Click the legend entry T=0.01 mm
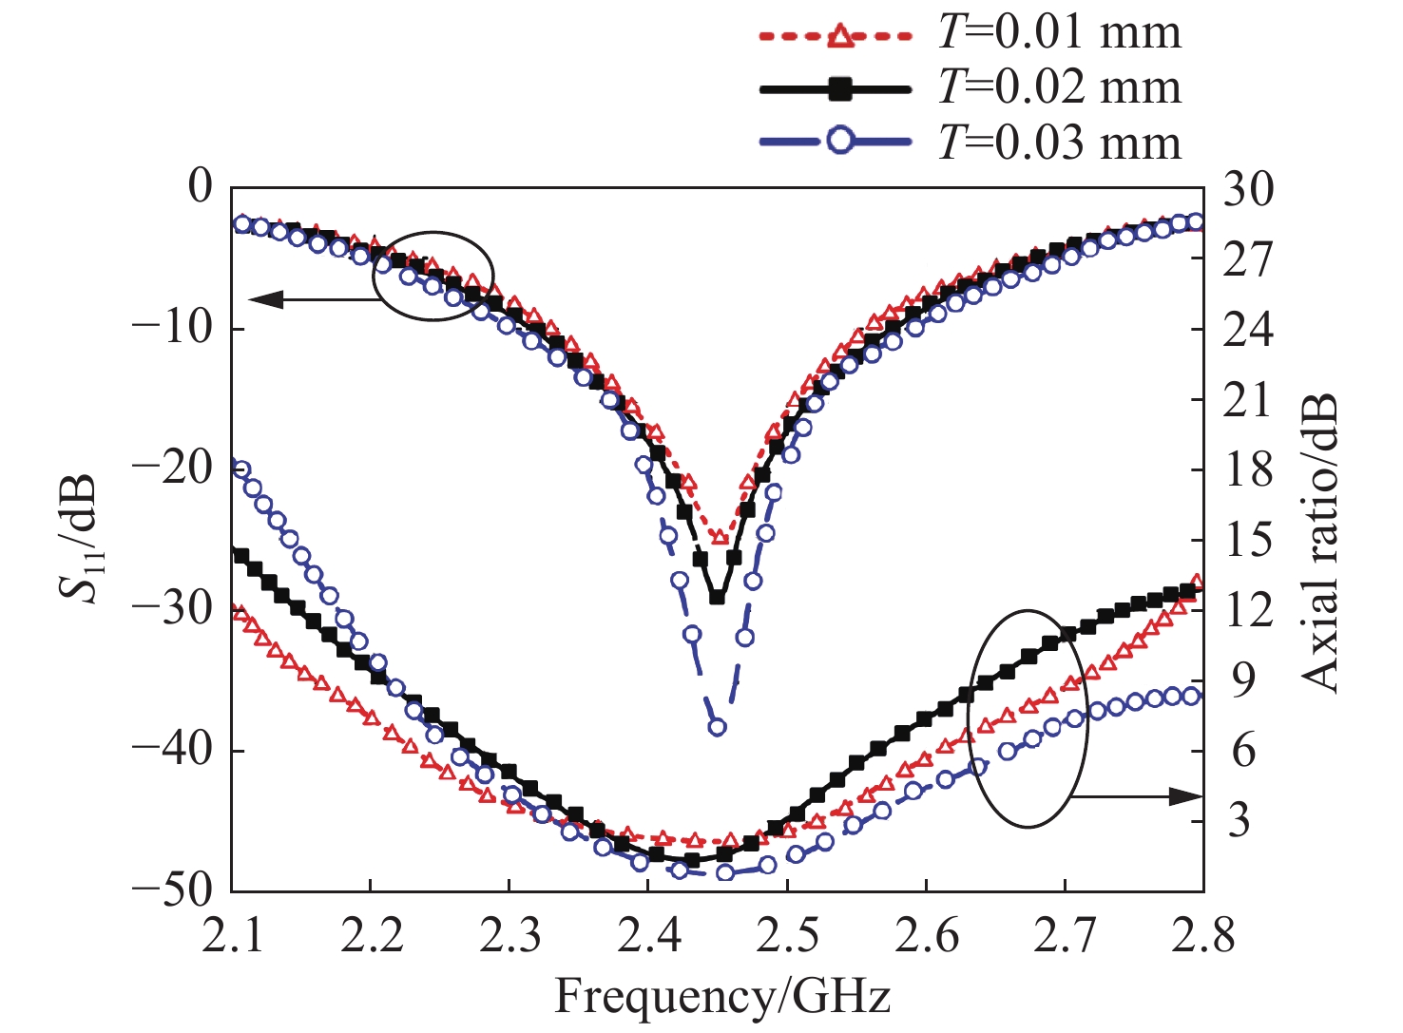(x=1059, y=33)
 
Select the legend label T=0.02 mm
(x=1059, y=87)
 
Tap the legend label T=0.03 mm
(x=1059, y=143)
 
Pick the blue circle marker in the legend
(x=838, y=143)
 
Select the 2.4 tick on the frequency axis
(x=647, y=935)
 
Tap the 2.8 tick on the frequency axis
(x=1203, y=935)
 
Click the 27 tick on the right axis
(x=1247, y=258)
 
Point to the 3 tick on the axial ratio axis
(x=1238, y=820)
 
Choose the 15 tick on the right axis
(x=1247, y=540)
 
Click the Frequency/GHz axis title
(x=722, y=997)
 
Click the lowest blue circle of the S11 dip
(x=717, y=727)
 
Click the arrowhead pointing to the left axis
(x=261, y=300)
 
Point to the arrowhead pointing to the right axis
(x=1189, y=796)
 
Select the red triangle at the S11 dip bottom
(x=720, y=537)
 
